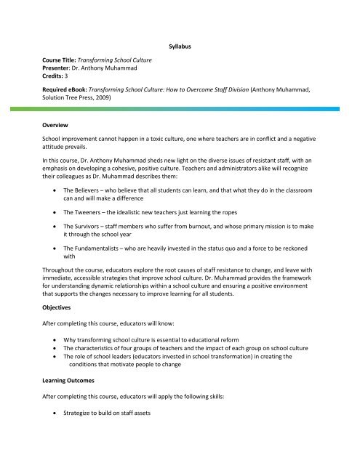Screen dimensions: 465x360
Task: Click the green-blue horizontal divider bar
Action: (x=180, y=110)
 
